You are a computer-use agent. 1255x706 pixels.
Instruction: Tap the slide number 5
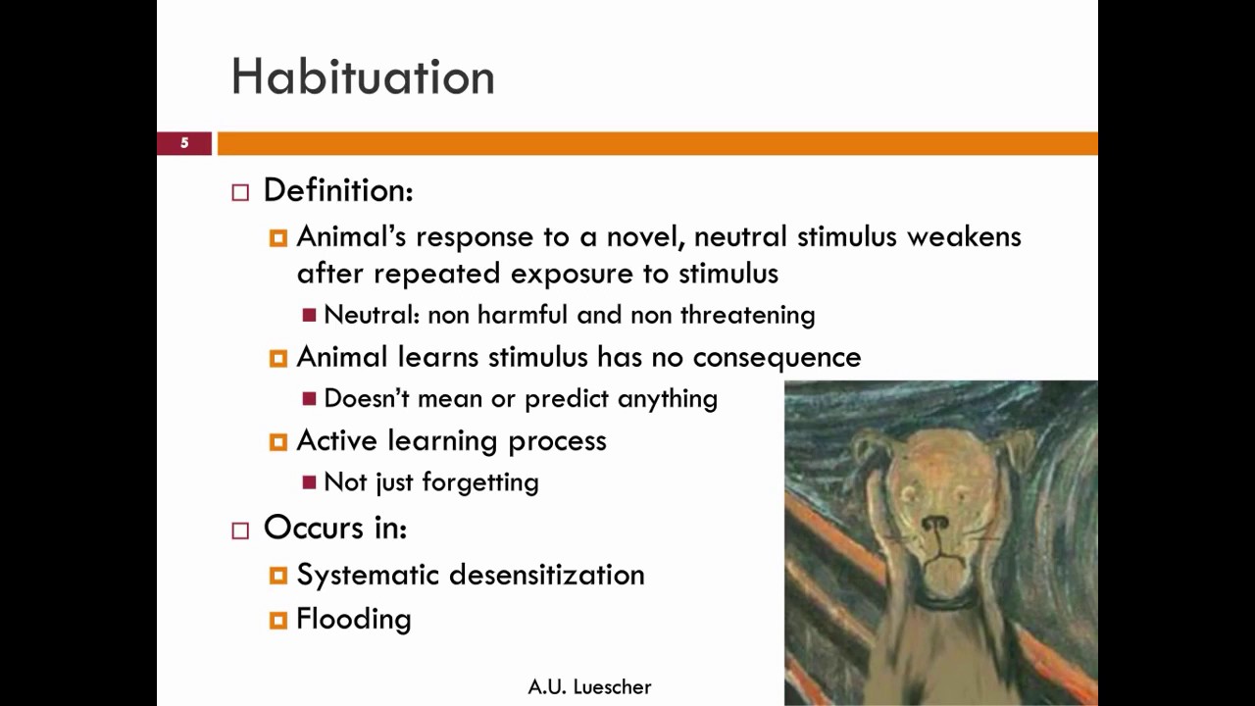pos(184,143)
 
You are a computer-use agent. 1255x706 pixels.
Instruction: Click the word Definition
pos(337,190)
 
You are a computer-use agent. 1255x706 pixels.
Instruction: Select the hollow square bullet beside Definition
pos(240,192)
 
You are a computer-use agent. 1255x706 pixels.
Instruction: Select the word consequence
pos(777,358)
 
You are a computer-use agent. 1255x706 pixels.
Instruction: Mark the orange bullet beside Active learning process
pos(278,442)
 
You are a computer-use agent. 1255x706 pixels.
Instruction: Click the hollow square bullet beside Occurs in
pos(240,530)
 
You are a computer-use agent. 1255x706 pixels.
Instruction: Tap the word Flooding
pos(353,619)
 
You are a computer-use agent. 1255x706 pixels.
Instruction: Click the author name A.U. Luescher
pos(589,687)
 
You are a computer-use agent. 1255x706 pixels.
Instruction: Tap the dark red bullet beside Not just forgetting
pos(310,482)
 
